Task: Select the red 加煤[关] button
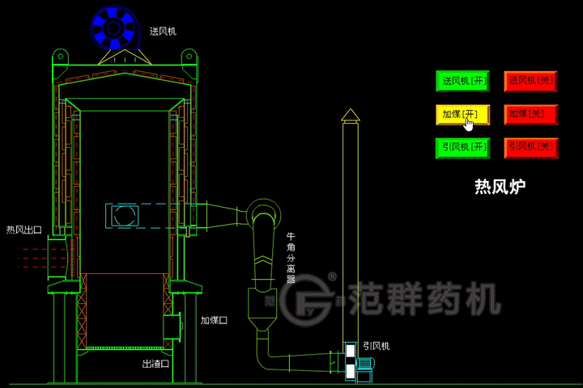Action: (531, 114)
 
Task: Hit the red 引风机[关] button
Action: (531, 147)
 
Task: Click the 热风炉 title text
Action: (500, 188)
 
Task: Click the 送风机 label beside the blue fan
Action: (163, 32)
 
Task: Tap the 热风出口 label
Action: (23, 230)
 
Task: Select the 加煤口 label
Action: (214, 320)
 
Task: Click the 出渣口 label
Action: (155, 364)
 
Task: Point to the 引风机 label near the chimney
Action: (377, 345)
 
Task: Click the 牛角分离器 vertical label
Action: (291, 258)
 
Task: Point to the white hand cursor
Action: (469, 124)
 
